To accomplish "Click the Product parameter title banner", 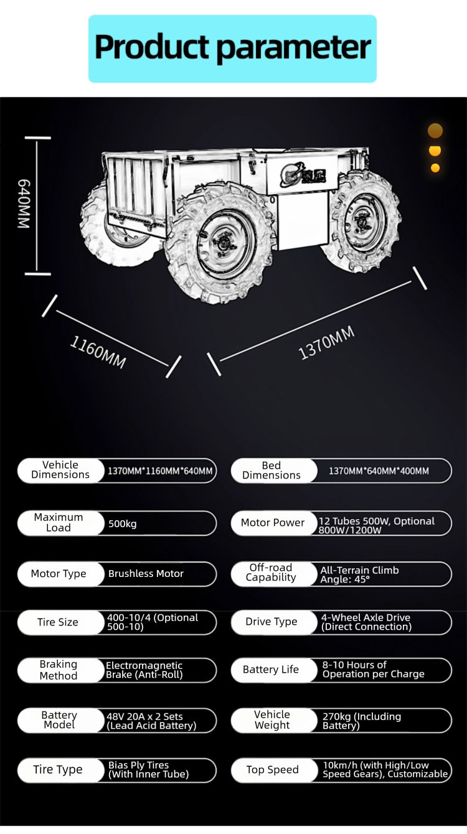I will (232, 49).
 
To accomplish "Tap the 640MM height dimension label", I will (23, 204).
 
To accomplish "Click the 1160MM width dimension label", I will (98, 352).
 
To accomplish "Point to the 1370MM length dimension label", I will (327, 342).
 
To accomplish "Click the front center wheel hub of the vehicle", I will (218, 243).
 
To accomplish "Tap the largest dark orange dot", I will (435, 131).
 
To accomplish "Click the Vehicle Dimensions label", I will (60, 470).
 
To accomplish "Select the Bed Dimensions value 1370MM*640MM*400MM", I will (379, 471).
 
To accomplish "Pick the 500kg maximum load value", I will (123, 523).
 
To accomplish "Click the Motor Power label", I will (273, 523).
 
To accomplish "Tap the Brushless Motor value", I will (146, 574).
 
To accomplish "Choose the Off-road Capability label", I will (271, 573).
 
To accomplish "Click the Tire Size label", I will (58, 622).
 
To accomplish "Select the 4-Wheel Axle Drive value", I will (366, 622).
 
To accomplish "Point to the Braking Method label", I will (59, 670).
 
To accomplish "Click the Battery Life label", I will (271, 670).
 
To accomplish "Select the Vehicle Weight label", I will (272, 720).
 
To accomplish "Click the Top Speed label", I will (272, 770).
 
